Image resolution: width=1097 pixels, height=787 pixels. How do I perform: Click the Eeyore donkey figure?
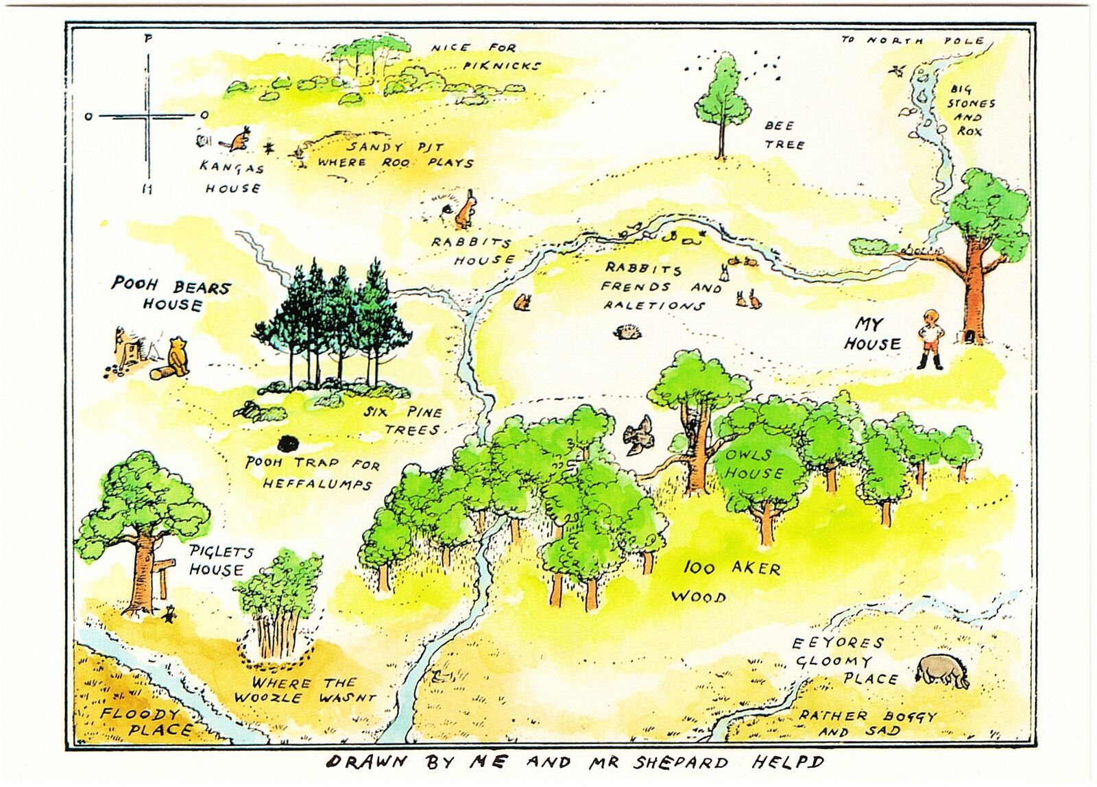(x=943, y=670)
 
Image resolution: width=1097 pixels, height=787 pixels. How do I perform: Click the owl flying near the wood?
(x=638, y=435)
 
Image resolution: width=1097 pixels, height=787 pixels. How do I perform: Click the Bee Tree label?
(x=784, y=135)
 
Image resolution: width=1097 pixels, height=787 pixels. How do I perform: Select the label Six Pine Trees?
(x=404, y=421)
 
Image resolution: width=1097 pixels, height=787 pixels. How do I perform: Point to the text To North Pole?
(x=913, y=40)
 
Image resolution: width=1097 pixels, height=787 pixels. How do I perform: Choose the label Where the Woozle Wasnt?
(x=304, y=690)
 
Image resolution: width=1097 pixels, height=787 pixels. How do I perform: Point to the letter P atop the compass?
(x=148, y=39)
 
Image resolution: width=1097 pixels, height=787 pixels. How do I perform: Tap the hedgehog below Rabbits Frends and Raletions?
(x=627, y=332)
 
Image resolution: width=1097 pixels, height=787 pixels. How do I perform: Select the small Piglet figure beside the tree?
(x=168, y=614)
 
